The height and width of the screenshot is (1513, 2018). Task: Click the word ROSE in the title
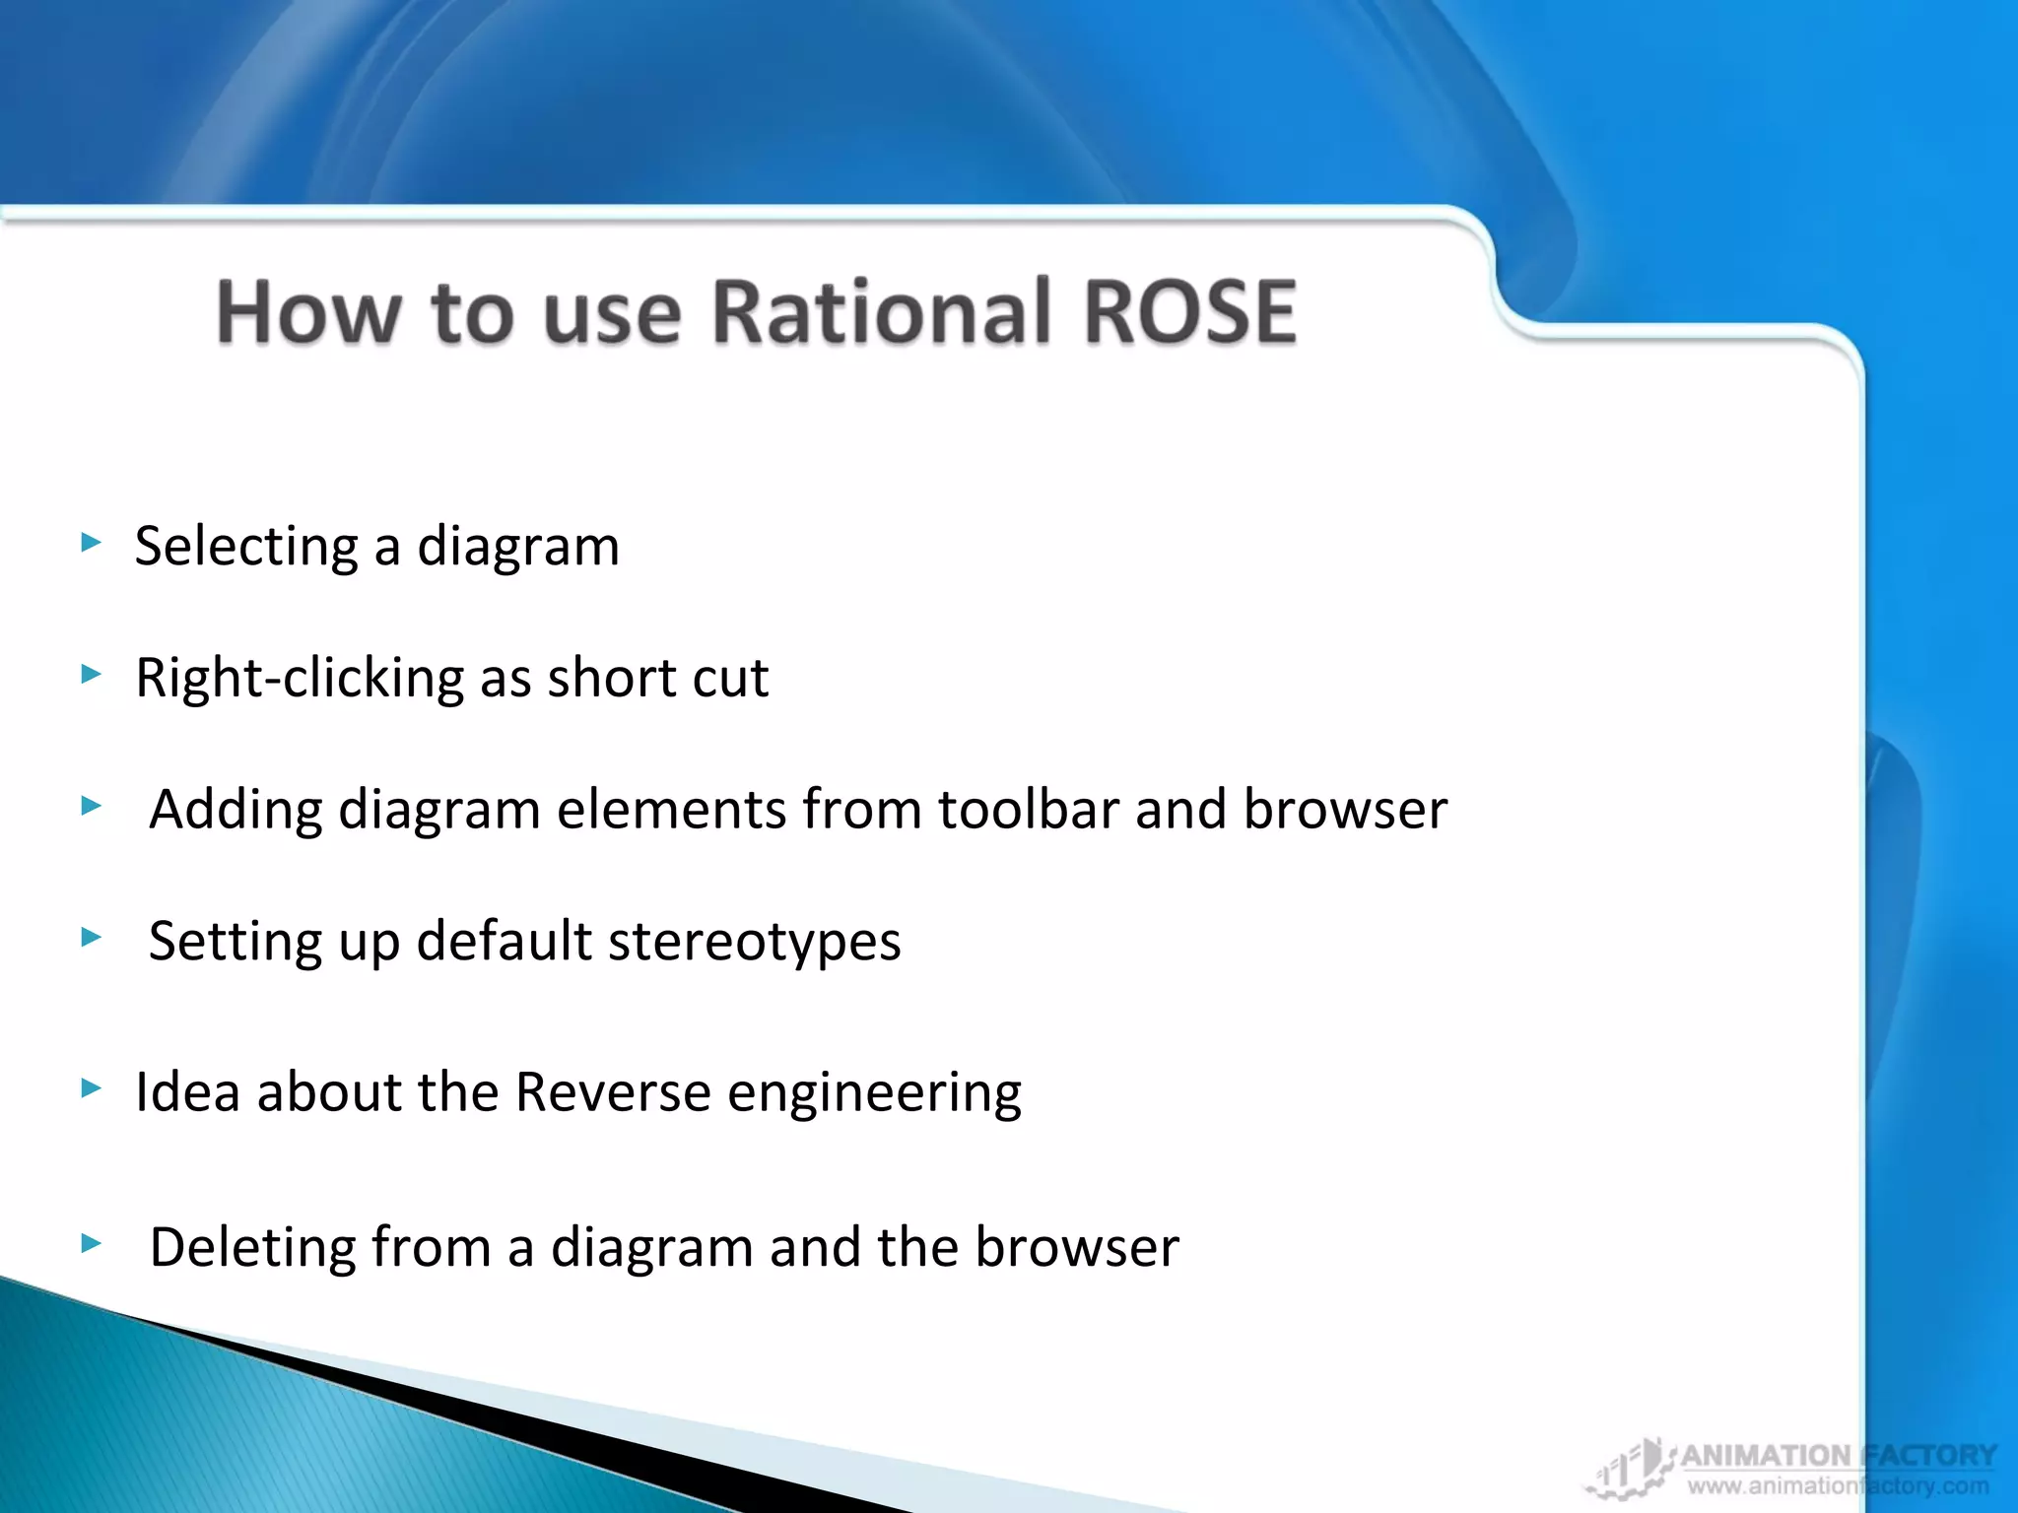(x=1189, y=312)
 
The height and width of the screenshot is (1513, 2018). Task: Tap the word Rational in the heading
(x=880, y=312)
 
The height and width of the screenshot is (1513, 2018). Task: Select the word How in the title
(x=308, y=312)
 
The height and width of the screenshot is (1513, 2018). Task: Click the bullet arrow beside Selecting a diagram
(x=92, y=542)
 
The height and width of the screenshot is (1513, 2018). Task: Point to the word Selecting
(x=246, y=547)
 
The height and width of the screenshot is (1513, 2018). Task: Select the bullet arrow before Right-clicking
(x=92, y=674)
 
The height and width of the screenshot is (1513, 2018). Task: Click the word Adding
(x=235, y=810)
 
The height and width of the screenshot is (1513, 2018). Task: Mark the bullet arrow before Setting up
(x=92, y=937)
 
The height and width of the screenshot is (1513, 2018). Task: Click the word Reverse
(x=612, y=1092)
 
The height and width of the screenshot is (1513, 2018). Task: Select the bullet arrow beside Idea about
(x=92, y=1087)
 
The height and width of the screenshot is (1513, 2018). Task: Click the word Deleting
(x=251, y=1248)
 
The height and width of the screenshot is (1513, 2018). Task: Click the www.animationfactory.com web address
(x=1837, y=1486)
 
